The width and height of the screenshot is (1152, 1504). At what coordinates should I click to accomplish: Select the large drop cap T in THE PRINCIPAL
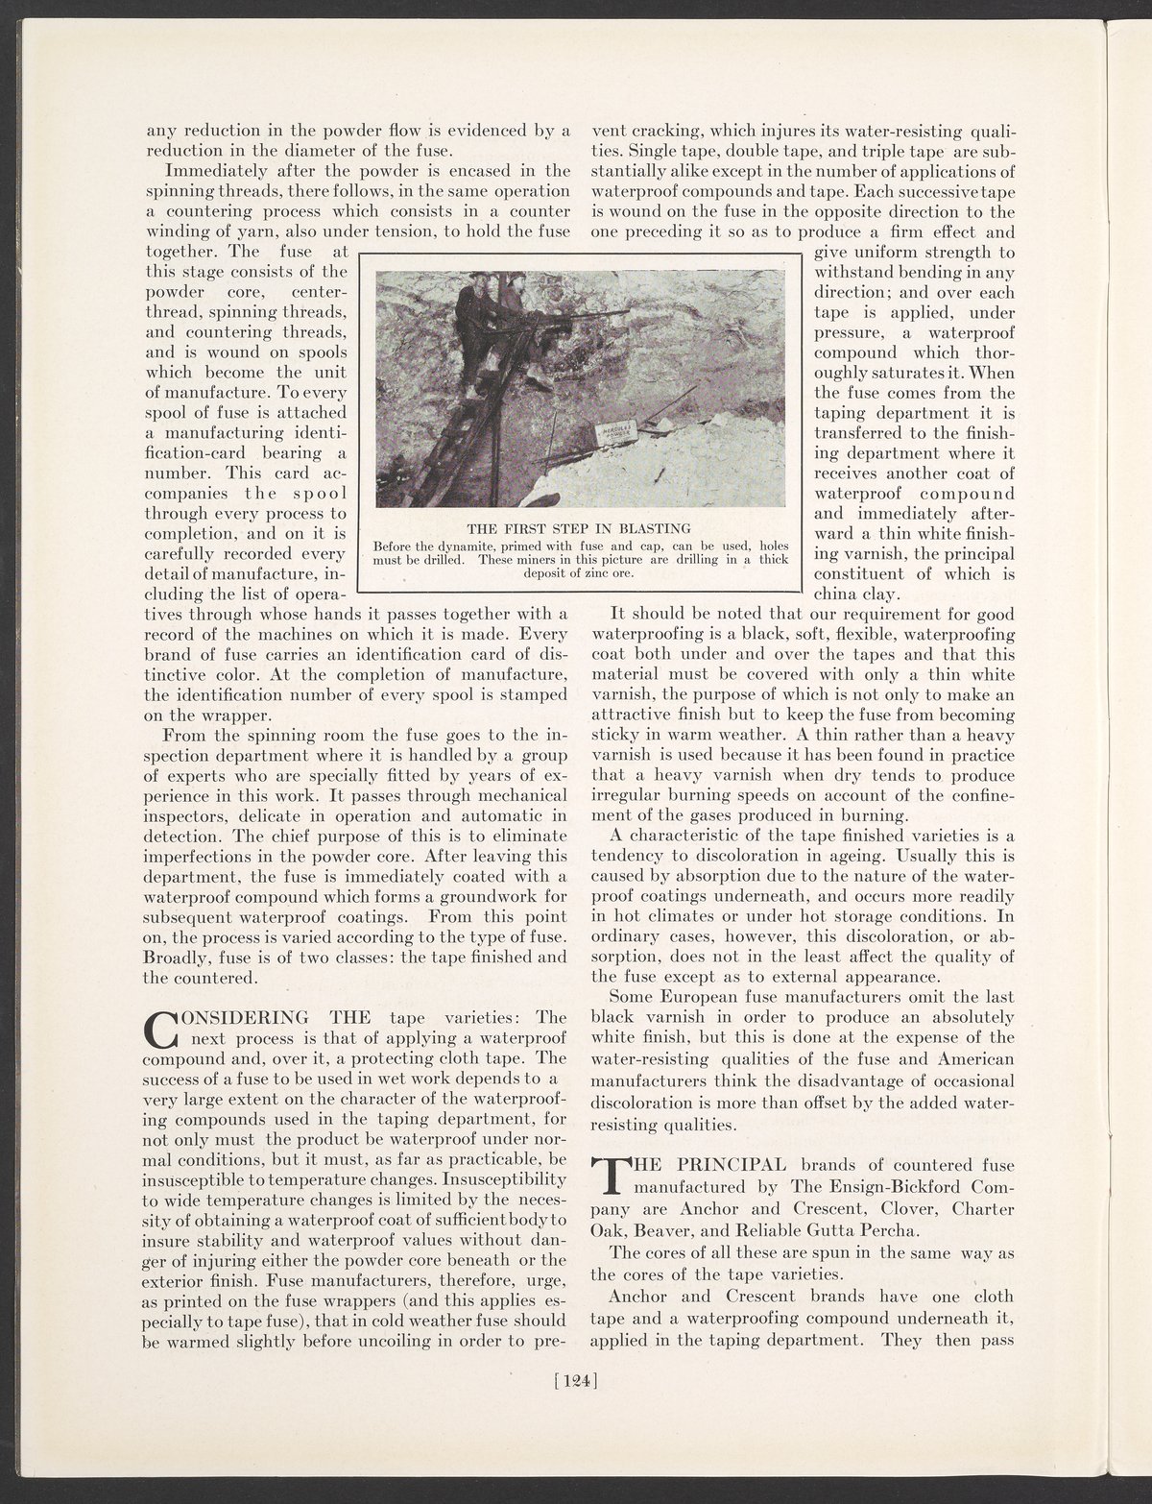click(x=607, y=1177)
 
